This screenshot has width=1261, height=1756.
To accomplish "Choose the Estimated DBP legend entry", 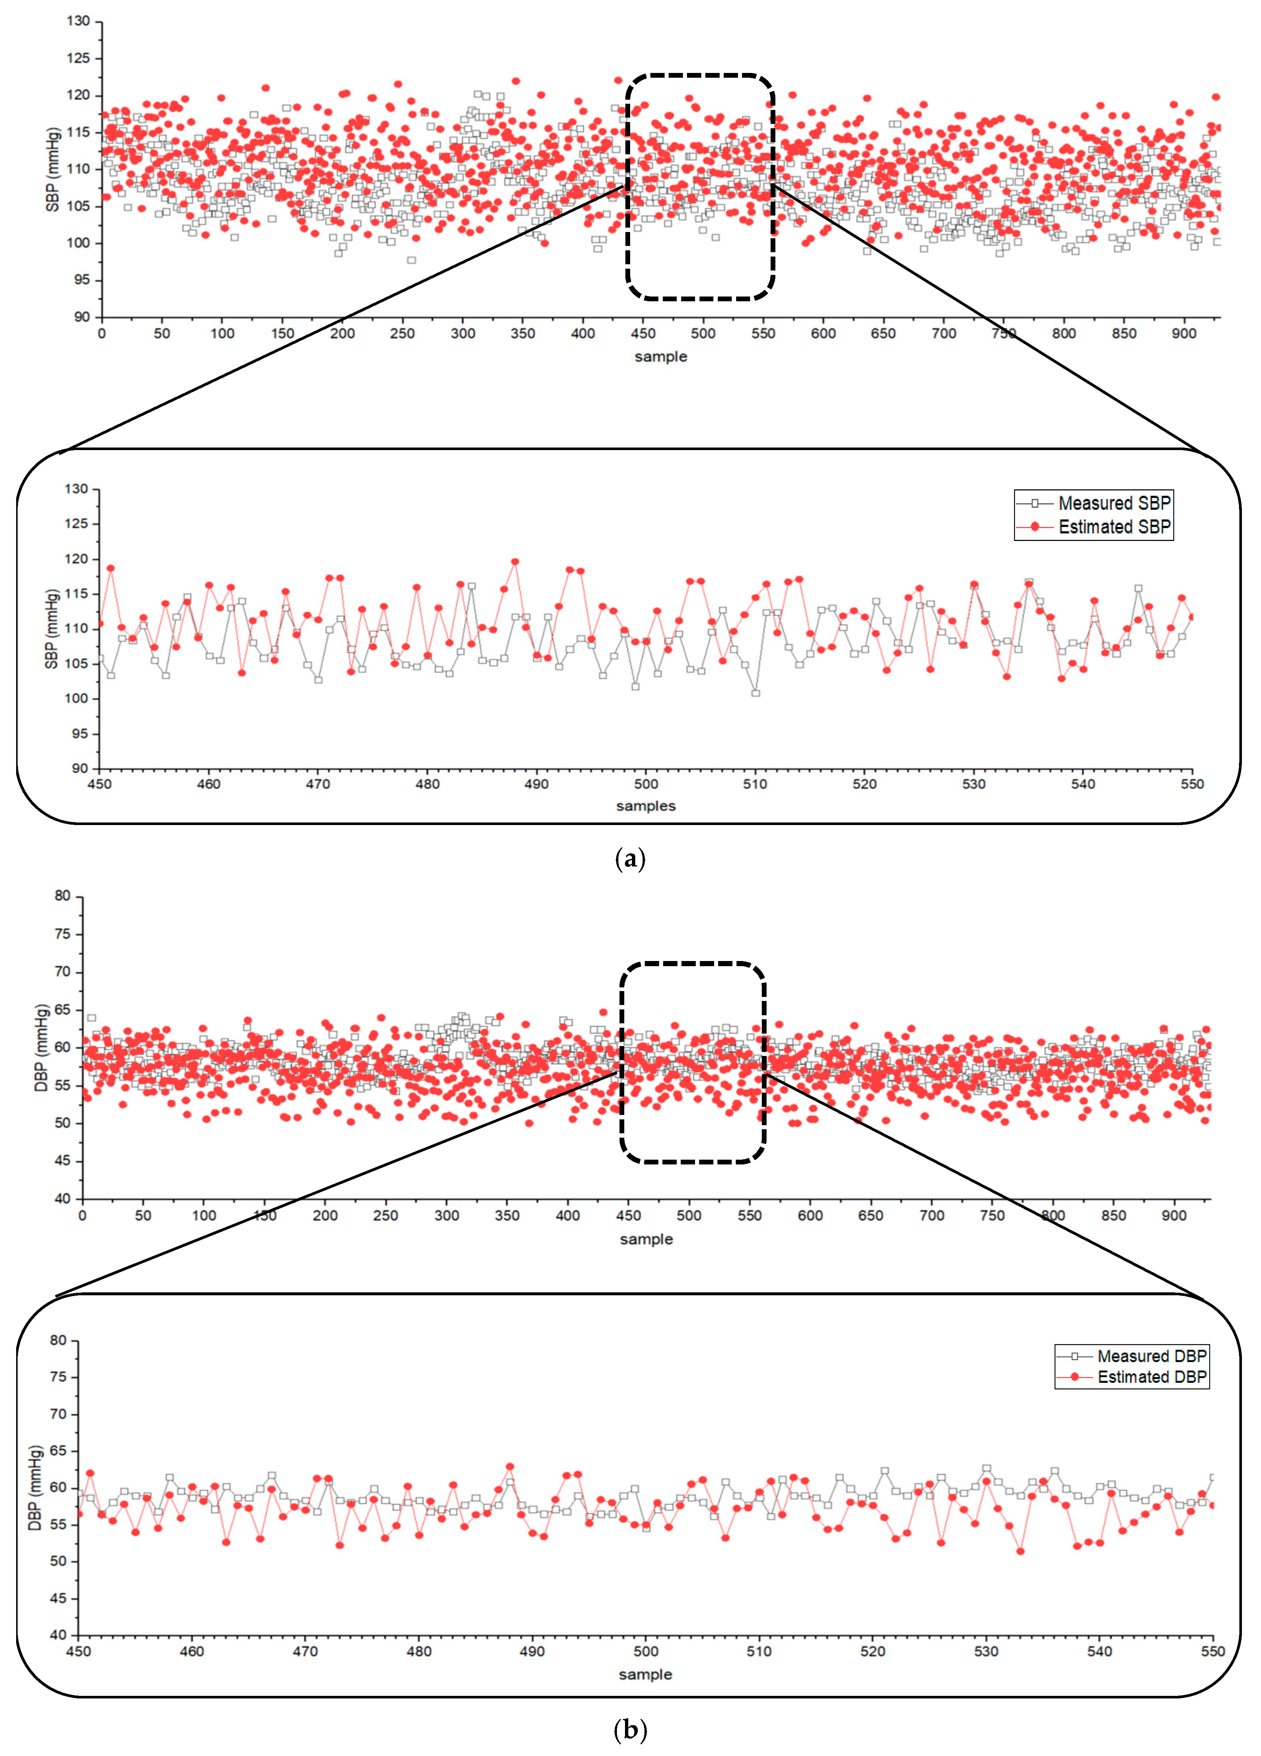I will (x=1151, y=1377).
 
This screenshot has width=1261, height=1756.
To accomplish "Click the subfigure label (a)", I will (x=630, y=859).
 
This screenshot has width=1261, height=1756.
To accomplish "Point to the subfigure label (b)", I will (x=630, y=1729).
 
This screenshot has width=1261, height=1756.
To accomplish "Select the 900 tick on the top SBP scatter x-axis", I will (x=1184, y=334).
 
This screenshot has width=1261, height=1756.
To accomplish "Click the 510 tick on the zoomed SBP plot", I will (x=755, y=784).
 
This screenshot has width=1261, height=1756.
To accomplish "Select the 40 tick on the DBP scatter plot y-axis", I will (x=62, y=1199).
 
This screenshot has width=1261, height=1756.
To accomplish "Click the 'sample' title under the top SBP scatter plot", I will (x=661, y=357).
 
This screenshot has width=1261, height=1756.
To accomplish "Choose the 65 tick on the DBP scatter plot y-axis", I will (x=62, y=1010).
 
